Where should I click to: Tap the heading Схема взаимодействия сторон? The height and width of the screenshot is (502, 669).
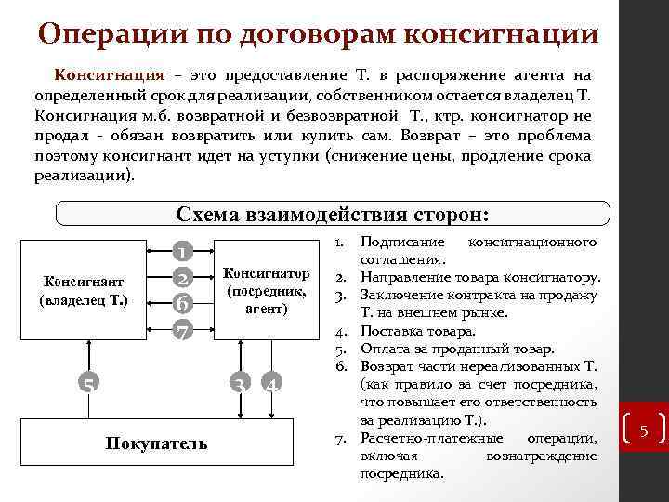[x=332, y=214]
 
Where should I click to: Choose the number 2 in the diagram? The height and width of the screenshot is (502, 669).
[x=183, y=277]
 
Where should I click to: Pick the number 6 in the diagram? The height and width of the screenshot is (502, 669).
[x=183, y=304]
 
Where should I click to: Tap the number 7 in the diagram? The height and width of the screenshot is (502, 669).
[x=183, y=330]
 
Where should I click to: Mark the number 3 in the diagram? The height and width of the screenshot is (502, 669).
[x=240, y=384]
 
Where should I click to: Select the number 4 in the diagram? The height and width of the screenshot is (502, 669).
[x=270, y=384]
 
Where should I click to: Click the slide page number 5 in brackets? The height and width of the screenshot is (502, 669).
[x=642, y=429]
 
